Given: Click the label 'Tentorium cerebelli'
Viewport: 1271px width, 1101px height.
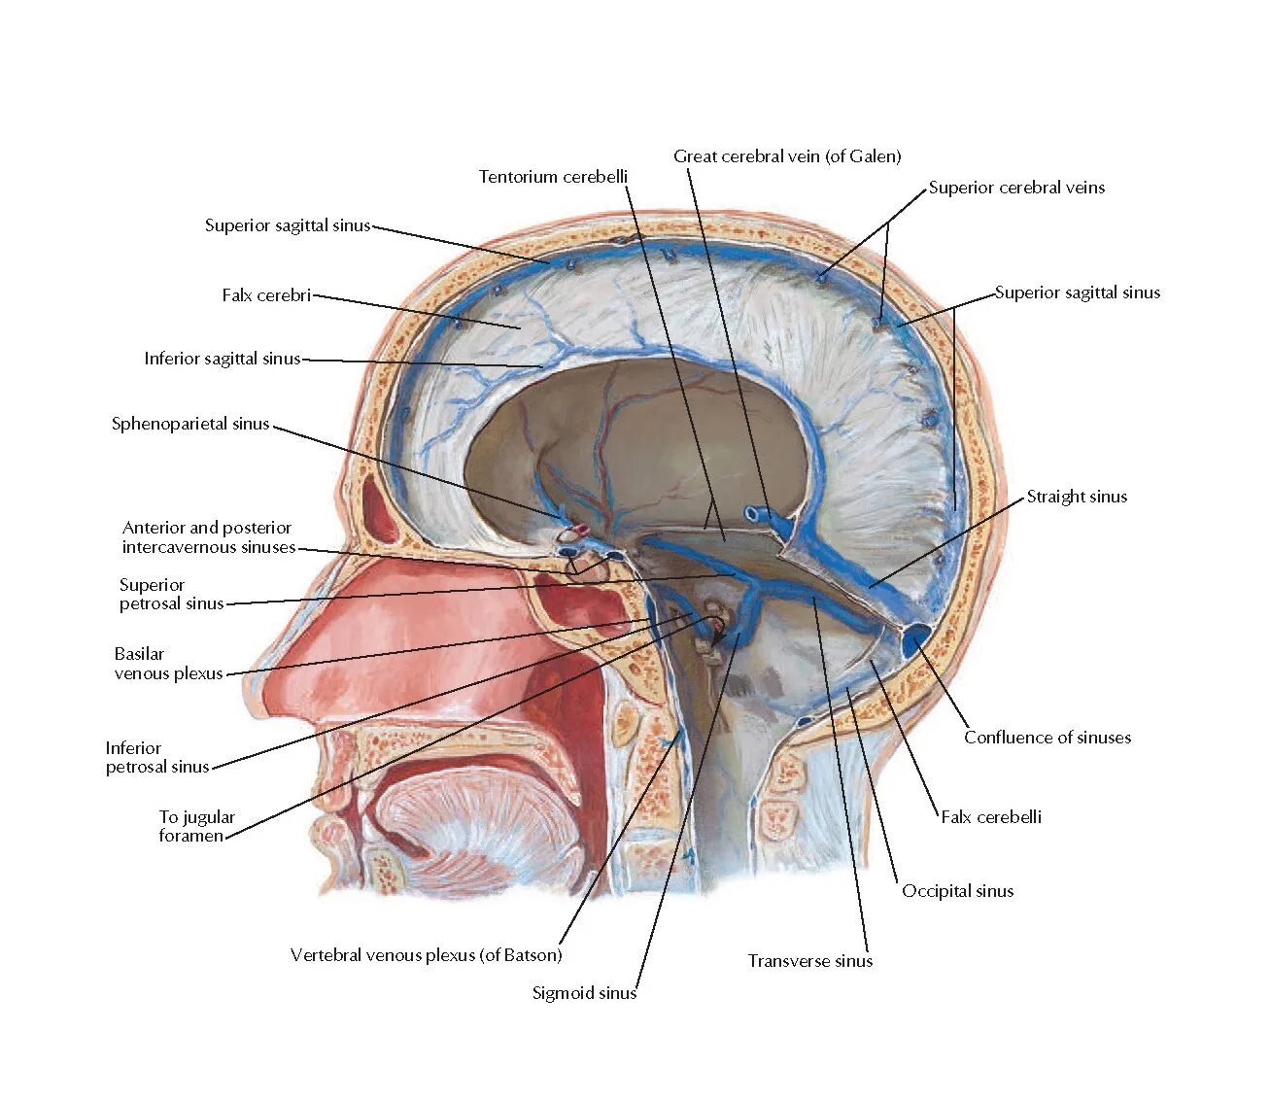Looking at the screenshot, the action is coord(553,177).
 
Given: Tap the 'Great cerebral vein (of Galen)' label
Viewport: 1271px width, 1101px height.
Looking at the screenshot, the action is coord(787,156).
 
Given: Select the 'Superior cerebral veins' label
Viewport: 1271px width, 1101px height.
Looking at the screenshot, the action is coord(1016,188).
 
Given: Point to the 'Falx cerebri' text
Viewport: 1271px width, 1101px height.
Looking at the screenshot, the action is coord(266,295).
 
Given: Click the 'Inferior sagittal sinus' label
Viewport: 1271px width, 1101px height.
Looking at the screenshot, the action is coord(223,359).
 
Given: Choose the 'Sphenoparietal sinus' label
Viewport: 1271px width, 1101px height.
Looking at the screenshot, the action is coord(190,424).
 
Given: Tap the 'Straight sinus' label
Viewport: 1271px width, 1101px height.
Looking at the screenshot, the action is coord(1077,497).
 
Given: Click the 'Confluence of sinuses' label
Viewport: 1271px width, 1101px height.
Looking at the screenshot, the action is coord(1048,738).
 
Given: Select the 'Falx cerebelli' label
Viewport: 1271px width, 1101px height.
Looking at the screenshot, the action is coord(991,817).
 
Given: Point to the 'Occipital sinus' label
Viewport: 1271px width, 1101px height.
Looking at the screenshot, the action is coord(957,891).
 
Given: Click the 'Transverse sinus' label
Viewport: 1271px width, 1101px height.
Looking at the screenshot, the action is coord(810,961).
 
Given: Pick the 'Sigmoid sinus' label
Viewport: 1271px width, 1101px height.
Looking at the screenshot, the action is coord(584,993).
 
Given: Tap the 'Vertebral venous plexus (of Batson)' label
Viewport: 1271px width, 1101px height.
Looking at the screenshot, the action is coord(426,955).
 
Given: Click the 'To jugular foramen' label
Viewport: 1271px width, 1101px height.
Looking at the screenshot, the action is coord(197,826).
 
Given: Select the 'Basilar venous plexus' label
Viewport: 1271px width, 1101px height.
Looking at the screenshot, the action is coord(169,664).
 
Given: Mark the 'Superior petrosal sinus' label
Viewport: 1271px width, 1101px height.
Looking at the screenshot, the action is coord(172,594).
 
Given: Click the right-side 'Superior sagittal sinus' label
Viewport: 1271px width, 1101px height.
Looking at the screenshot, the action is coord(1078,292).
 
